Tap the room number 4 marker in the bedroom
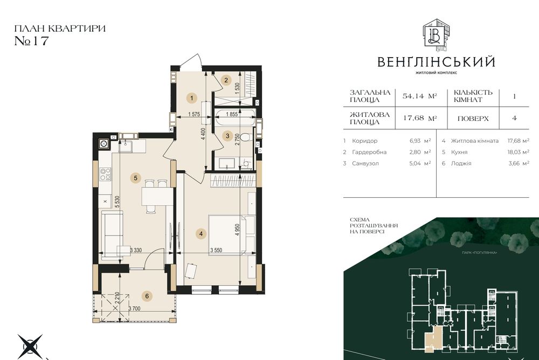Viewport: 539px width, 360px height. point(201,233)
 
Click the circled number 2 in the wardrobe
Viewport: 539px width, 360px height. point(227,81)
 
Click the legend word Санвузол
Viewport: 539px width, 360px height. point(366,163)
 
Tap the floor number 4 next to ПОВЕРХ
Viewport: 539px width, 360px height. point(514,117)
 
